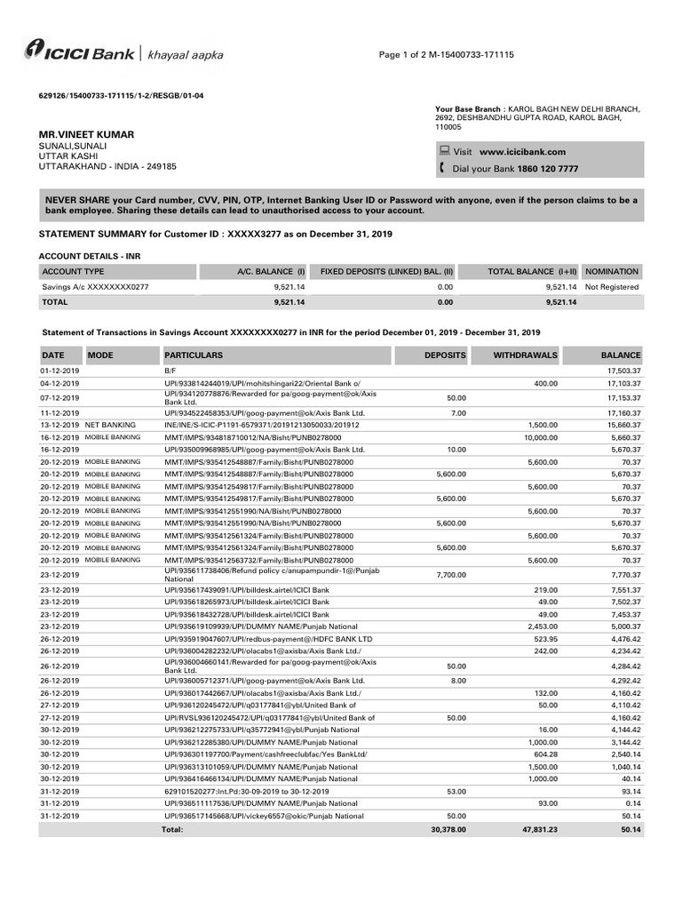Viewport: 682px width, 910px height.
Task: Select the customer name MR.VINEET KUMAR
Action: coord(87,134)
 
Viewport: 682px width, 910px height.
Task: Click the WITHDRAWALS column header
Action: coord(526,355)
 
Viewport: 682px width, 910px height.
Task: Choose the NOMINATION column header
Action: coord(612,272)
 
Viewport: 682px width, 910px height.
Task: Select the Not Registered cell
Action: coord(612,287)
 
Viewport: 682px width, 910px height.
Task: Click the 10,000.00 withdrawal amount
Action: coord(540,437)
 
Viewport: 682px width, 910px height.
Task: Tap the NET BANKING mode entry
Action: coord(109,426)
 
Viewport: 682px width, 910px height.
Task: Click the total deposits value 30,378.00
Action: coord(446,829)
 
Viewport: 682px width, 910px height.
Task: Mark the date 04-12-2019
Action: coord(59,382)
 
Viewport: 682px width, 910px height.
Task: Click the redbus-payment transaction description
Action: coord(268,638)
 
